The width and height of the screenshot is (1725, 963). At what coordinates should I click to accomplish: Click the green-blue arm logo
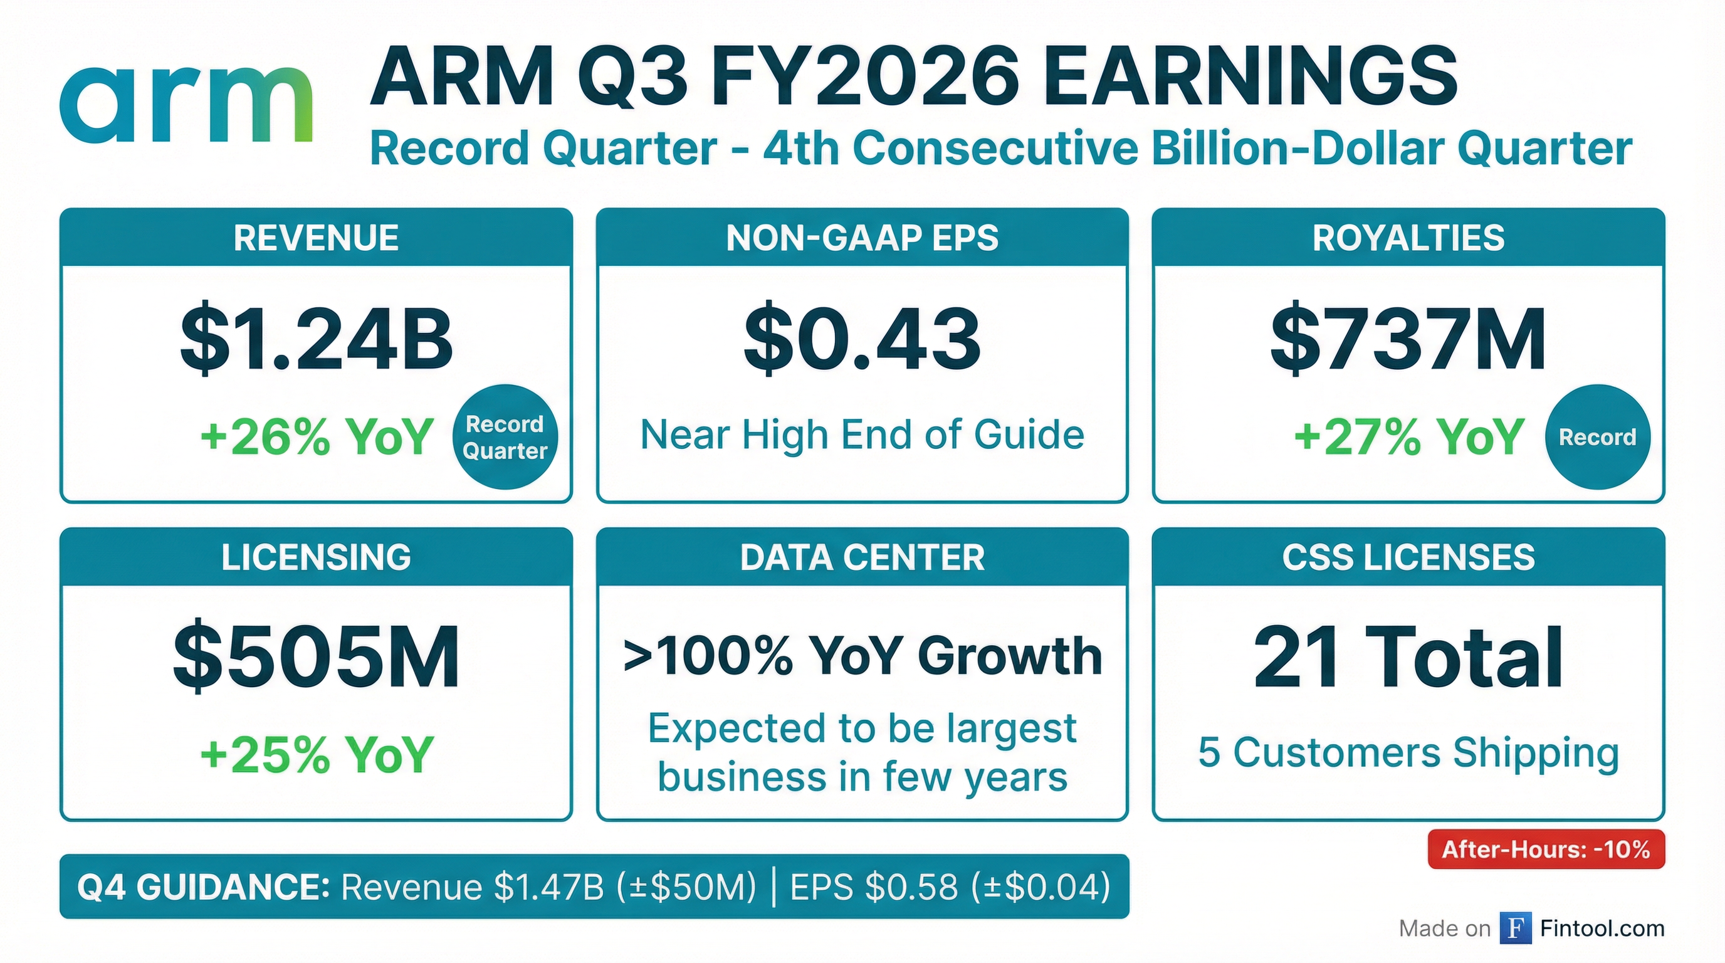click(186, 105)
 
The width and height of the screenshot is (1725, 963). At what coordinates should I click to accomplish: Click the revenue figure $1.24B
click(317, 340)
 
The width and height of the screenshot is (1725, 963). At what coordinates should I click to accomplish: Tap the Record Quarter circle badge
click(506, 436)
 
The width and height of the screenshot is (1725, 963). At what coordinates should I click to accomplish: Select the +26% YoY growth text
click(317, 436)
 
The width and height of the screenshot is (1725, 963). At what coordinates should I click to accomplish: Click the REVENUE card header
click(316, 238)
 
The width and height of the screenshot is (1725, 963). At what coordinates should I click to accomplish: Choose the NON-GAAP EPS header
click(862, 238)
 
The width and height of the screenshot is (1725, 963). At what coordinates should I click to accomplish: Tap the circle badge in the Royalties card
click(1598, 436)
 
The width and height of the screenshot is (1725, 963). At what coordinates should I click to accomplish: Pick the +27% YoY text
click(1410, 436)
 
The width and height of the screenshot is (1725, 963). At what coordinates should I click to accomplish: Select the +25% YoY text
click(317, 755)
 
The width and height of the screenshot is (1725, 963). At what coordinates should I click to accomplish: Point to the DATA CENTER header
click(862, 557)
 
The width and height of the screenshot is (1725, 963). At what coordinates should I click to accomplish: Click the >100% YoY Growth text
click(862, 655)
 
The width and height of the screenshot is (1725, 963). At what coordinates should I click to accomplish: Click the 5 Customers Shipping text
click(1408, 753)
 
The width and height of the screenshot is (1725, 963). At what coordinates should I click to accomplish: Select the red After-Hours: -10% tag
click(1546, 849)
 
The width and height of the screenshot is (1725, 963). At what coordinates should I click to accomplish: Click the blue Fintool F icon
click(1516, 928)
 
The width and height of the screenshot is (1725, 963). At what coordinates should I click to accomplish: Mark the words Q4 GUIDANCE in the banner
click(203, 887)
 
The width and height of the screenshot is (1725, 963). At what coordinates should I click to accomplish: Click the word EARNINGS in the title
click(1249, 75)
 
